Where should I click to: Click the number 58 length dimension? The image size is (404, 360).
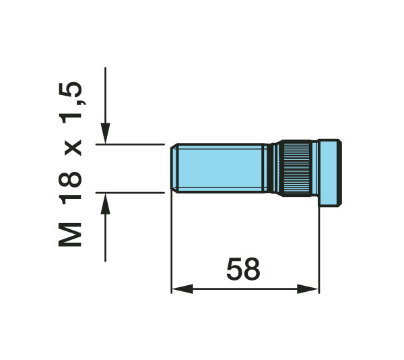(x=243, y=269)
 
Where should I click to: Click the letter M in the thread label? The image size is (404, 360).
(x=70, y=235)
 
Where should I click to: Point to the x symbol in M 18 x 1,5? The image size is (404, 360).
(x=73, y=148)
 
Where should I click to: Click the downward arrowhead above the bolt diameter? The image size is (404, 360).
(x=106, y=133)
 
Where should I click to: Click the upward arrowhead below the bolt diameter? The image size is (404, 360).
(x=106, y=204)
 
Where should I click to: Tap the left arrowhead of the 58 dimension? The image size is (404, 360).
(x=182, y=289)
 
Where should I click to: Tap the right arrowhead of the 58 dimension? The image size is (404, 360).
(x=308, y=289)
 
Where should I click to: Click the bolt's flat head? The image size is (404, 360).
(x=330, y=173)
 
